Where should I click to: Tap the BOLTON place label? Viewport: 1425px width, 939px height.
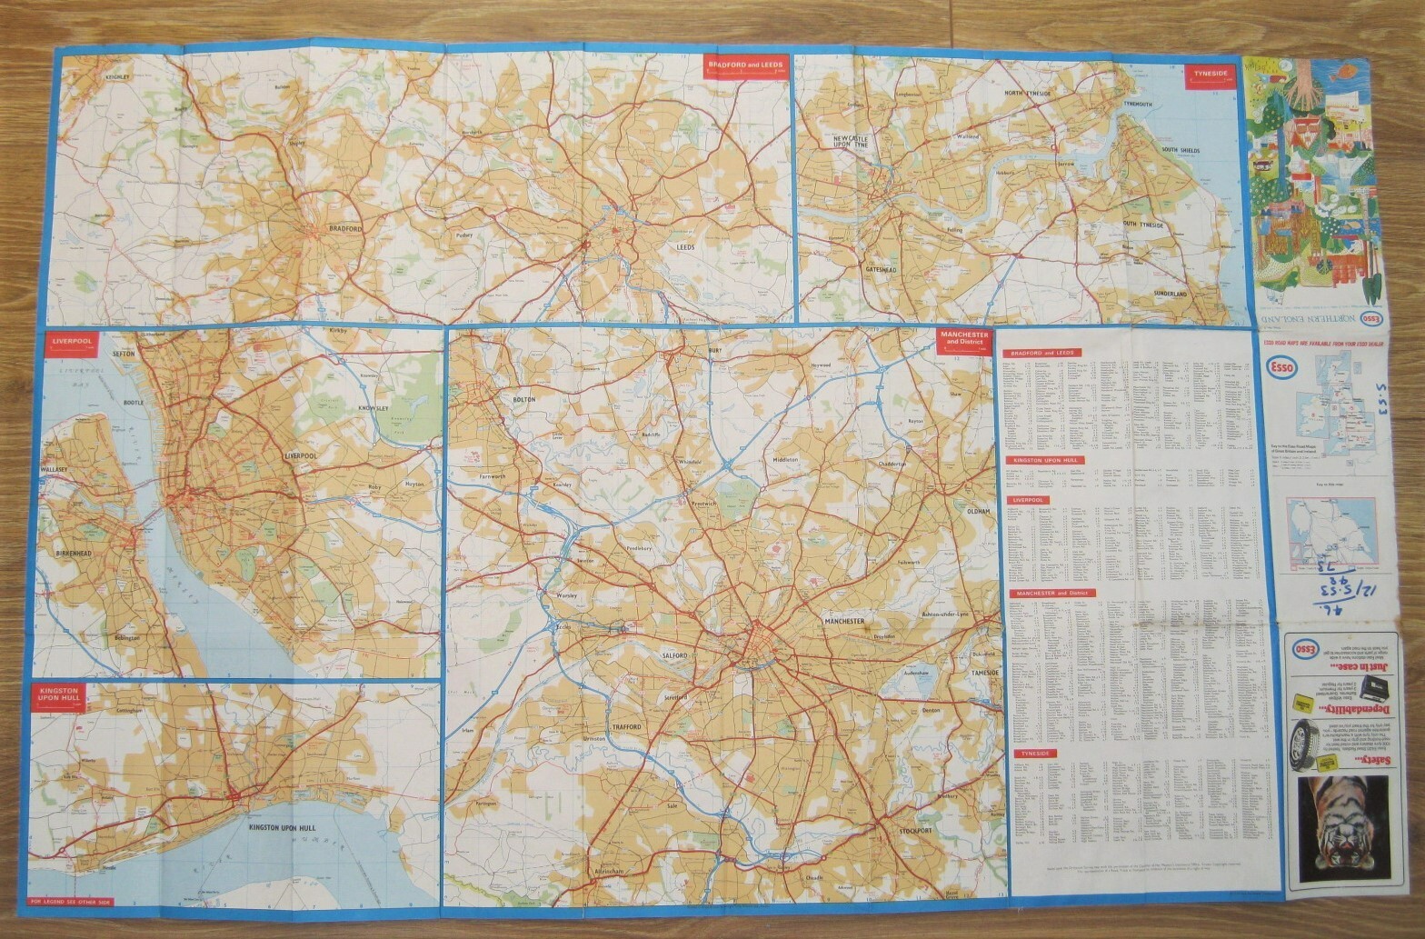point(524,399)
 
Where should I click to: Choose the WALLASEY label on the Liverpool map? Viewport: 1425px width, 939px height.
point(55,470)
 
